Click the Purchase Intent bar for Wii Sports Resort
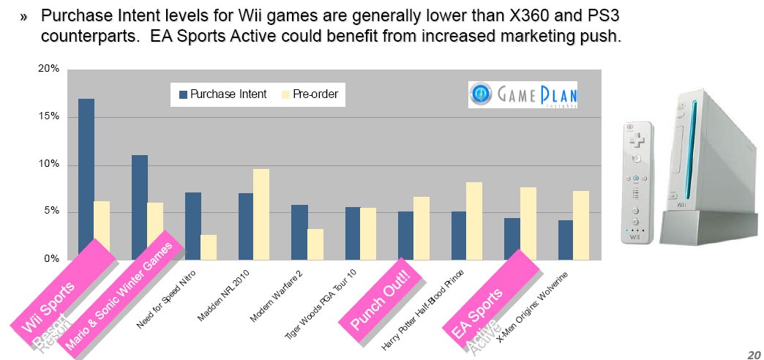pos(86,176)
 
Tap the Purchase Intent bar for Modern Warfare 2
pos(300,231)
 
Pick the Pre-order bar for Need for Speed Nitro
pos(208,247)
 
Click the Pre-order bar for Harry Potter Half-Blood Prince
pos(474,220)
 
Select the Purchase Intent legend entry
pos(222,94)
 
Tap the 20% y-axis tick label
pos(49,69)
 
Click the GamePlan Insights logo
pos(523,94)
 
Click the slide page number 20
pos(753,354)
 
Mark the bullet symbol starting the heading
pos(23,15)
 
